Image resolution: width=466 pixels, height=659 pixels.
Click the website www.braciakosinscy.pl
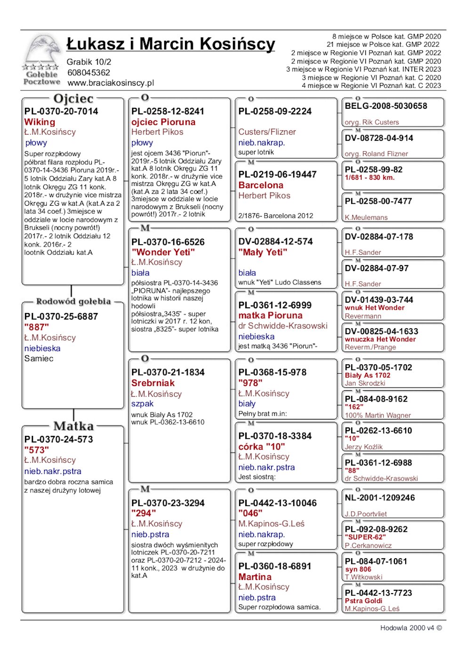(x=111, y=83)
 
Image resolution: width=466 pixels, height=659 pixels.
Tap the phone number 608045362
(x=88, y=72)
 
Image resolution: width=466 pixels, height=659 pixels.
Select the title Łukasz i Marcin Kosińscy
(x=170, y=44)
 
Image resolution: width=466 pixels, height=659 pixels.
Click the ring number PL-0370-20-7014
(x=61, y=112)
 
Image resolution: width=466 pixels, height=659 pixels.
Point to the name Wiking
(x=40, y=122)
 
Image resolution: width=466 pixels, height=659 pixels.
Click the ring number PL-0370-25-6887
(x=61, y=316)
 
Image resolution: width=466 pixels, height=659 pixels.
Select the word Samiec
(x=39, y=359)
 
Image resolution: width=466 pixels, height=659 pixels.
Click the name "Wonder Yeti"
(x=163, y=252)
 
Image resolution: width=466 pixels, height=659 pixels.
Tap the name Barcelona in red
(x=261, y=185)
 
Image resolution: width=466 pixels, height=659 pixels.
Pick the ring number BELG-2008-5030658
(x=386, y=106)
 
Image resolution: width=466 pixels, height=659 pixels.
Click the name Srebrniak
(x=153, y=383)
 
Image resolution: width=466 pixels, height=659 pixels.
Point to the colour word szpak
(x=142, y=404)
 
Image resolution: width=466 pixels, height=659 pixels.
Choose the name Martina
(x=255, y=577)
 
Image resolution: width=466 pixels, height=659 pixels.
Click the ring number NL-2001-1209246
(x=380, y=498)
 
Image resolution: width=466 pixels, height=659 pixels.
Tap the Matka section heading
(x=73, y=426)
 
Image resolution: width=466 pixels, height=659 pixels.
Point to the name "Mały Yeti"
(x=263, y=252)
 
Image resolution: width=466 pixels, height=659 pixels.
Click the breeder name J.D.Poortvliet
(x=366, y=514)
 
